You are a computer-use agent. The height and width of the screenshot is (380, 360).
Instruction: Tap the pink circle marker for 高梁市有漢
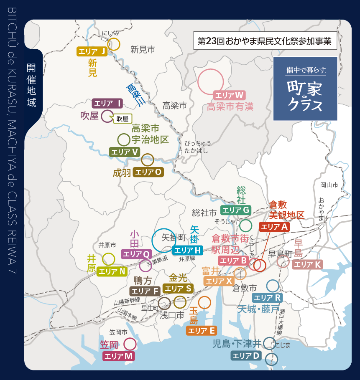pos(210,81)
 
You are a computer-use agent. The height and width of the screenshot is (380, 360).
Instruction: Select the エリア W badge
pos(229,95)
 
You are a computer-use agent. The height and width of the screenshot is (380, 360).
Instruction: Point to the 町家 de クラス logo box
pos(305,89)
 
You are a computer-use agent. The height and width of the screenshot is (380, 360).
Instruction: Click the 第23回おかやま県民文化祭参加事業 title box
pos(265,41)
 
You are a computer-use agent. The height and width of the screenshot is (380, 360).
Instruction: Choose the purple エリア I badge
pos(107,103)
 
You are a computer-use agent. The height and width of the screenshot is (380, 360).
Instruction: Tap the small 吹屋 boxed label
pos(123,119)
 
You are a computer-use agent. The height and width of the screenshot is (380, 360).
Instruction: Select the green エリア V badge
pos(124,152)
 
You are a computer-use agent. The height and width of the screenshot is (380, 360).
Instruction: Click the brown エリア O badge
pos(148,172)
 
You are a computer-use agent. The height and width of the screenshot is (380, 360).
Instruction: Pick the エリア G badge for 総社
pos(236,210)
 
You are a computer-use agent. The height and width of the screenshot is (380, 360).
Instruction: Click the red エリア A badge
pos(274,227)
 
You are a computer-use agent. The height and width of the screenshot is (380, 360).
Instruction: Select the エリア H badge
pos(187,250)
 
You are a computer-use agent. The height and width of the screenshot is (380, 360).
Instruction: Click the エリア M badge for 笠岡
pos(119,356)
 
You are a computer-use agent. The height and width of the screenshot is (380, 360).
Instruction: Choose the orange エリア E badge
pos(201,331)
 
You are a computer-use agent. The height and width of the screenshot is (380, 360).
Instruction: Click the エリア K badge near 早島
pos(307,264)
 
